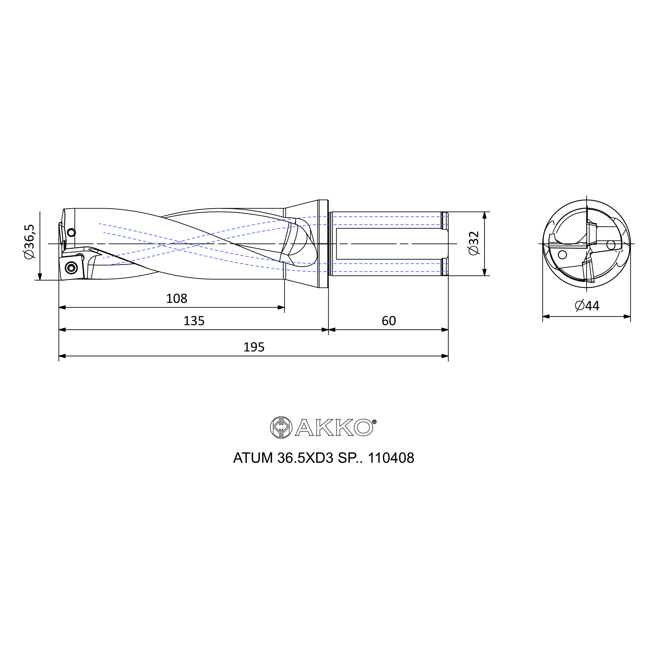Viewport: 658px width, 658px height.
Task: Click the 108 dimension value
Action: (176, 299)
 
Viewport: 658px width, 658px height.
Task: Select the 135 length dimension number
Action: (194, 321)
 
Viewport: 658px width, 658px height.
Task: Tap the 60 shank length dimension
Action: (389, 321)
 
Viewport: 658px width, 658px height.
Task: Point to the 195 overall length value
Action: (254, 347)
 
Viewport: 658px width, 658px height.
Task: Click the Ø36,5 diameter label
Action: (29, 241)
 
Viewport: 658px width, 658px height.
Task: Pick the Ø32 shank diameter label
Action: (474, 243)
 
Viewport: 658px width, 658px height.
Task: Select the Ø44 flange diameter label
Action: (587, 306)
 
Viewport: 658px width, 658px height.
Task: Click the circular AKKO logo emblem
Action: (281, 427)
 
